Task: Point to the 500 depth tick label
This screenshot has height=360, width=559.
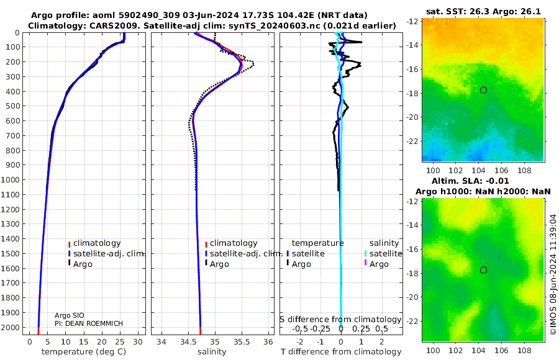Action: [x=14, y=106]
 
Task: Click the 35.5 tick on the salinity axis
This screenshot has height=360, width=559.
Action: [x=242, y=342]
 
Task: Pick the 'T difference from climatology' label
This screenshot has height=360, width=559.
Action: [x=340, y=352]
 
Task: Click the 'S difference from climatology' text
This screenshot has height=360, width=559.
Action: [x=340, y=319]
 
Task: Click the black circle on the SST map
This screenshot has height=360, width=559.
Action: [x=483, y=90]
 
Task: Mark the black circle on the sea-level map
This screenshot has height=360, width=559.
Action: [x=483, y=270]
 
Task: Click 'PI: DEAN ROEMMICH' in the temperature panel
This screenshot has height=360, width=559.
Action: [x=89, y=323]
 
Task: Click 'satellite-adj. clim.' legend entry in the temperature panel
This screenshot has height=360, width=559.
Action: [x=102, y=253]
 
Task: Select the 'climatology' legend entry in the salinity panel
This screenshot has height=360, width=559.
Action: [x=233, y=243]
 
